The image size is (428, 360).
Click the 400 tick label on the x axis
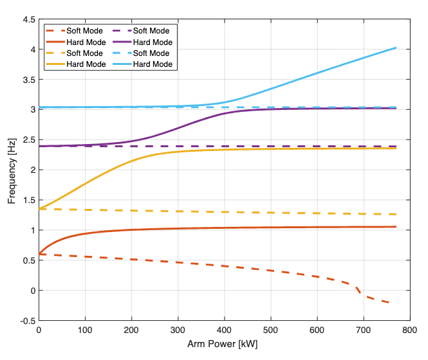pos(224,330)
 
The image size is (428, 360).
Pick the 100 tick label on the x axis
pos(85,330)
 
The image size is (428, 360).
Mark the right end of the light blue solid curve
pos(395,48)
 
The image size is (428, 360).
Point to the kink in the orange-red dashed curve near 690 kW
pos(357,290)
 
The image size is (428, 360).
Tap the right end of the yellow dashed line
pos(395,214)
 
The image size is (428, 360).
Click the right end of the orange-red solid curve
pos(395,227)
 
